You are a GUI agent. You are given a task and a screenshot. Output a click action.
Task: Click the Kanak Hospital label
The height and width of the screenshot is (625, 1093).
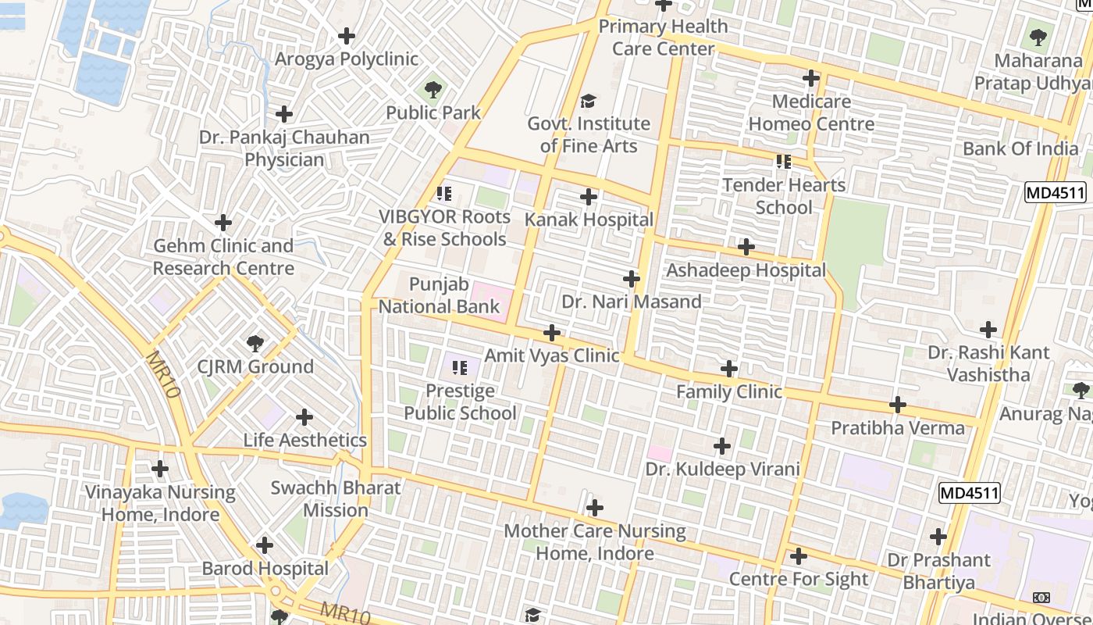pos(589,220)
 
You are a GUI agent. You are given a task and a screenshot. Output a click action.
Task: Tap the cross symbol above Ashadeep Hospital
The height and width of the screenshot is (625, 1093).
pos(746,247)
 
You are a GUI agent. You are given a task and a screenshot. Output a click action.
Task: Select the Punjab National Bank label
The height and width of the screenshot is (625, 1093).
pos(439,295)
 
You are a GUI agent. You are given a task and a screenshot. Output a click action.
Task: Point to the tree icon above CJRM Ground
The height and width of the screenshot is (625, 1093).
pos(255,343)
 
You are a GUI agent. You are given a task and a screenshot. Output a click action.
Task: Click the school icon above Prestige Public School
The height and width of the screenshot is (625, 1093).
pos(460,367)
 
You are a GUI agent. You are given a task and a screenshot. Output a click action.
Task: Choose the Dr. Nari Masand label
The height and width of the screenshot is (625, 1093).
pos(631,302)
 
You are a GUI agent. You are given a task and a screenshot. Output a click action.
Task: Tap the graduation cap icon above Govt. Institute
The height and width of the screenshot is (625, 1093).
pos(588,101)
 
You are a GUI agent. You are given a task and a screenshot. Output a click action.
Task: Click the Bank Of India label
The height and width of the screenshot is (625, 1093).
pos(1020,148)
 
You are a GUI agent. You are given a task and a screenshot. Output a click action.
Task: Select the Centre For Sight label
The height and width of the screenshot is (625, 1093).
pos(798,579)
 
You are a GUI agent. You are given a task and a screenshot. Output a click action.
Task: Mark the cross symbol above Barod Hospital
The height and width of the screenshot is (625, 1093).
pos(265,545)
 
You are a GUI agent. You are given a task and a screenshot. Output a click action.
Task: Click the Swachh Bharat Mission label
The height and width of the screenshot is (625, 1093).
pos(336,499)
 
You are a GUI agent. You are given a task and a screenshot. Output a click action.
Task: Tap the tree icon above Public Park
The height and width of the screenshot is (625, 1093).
pos(433,89)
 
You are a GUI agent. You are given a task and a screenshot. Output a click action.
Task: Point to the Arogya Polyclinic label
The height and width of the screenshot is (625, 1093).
pos(346,59)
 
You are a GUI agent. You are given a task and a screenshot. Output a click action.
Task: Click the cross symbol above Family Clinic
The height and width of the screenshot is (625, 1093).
pos(728,369)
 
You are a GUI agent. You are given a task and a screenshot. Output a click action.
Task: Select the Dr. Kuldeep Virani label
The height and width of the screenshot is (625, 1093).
pos(722,469)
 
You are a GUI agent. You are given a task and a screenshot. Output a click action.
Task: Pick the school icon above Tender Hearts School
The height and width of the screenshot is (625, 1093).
pos(784,162)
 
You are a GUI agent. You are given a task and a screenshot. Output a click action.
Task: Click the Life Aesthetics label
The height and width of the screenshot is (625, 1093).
pos(304,440)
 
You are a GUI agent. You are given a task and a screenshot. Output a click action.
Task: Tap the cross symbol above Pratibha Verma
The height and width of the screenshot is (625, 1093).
pos(898,405)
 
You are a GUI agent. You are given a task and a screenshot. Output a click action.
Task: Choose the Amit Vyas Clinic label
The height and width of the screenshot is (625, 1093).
pos(551,355)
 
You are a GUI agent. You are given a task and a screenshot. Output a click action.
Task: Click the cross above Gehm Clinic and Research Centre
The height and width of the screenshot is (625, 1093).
pos(223,223)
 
